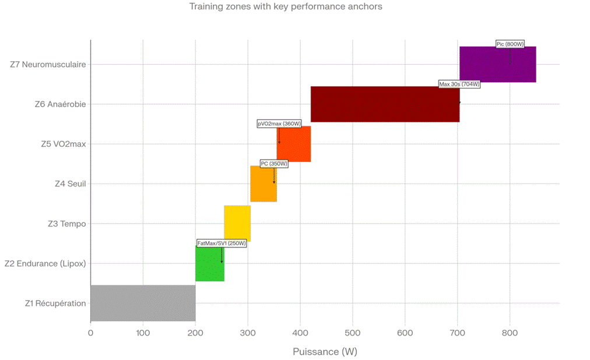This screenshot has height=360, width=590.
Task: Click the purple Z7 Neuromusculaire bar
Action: click(497, 69)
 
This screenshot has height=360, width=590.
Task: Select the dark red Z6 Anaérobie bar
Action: click(385, 104)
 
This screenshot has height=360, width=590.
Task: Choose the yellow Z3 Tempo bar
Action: click(237, 224)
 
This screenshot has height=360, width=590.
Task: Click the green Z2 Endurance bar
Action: click(209, 267)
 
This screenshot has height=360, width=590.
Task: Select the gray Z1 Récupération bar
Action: click(143, 303)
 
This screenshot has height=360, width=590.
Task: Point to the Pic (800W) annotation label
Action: click(510, 44)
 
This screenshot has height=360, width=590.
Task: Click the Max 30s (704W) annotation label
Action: click(459, 84)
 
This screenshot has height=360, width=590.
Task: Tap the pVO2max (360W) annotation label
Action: click(279, 123)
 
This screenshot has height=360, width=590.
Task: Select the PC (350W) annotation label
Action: click(274, 164)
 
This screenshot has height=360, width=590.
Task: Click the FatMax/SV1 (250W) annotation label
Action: click(222, 243)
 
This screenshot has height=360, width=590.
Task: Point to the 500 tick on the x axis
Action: click(352, 333)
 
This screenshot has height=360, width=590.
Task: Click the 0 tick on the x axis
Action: click(90, 333)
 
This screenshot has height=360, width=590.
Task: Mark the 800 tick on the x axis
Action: click(510, 333)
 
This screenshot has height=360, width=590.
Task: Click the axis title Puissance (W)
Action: click(325, 352)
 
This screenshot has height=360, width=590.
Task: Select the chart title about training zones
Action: click(286, 7)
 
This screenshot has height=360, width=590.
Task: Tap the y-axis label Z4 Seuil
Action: click(70, 184)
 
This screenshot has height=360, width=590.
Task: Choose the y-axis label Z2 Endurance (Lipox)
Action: click(45, 264)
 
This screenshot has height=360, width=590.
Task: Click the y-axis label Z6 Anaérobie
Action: click(60, 105)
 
